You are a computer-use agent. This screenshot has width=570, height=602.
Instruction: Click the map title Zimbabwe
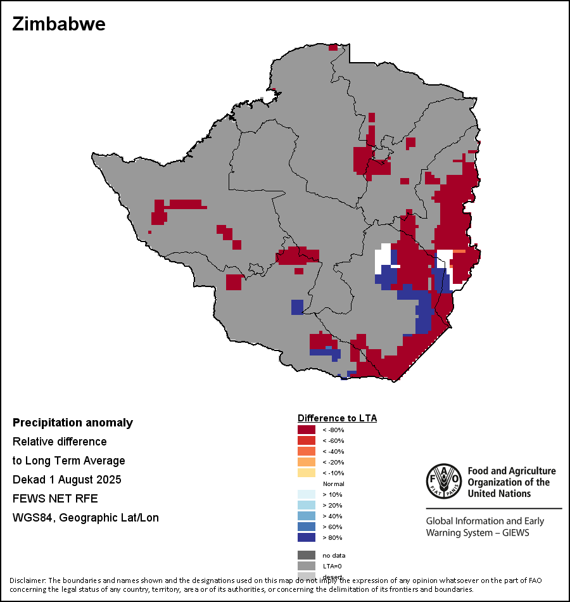[59, 25]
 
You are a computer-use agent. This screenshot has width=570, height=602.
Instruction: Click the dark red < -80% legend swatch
[307, 430]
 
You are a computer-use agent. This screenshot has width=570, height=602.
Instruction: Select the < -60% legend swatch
[307, 440]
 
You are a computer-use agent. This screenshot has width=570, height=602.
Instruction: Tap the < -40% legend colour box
[307, 451]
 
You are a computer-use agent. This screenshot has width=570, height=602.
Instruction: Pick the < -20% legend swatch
[307, 462]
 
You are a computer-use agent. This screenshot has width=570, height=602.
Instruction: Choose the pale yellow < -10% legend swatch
[307, 473]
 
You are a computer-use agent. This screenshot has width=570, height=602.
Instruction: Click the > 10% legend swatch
[307, 494]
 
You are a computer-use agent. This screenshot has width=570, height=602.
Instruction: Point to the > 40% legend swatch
[307, 516]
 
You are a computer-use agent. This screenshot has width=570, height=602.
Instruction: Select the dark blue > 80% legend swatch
[307, 537]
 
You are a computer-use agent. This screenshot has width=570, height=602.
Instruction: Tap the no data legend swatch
[307, 555]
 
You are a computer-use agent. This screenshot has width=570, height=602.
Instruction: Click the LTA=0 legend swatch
[307, 566]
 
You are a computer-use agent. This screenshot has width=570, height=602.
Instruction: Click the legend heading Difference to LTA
[337, 418]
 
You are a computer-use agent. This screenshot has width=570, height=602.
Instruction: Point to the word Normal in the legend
[333, 484]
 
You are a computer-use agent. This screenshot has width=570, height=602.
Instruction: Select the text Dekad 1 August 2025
[66, 480]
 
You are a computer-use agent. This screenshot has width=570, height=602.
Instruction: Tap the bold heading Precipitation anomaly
[73, 423]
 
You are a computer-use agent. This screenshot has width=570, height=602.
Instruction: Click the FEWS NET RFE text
[55, 499]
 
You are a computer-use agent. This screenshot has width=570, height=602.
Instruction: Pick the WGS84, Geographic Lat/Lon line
[85, 518]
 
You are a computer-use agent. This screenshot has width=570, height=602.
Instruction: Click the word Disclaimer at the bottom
[27, 580]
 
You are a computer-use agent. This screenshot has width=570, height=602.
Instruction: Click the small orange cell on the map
[459, 252]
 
